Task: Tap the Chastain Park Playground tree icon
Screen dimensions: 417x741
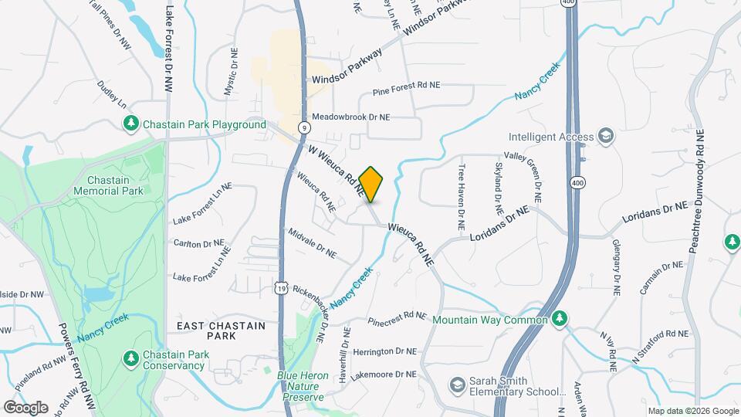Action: [x=132, y=124]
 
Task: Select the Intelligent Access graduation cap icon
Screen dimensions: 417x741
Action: [x=605, y=137]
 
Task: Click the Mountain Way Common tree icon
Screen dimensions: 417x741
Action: [x=561, y=319]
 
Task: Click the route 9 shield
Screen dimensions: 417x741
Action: [x=306, y=127]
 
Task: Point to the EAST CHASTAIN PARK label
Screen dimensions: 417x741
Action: [x=221, y=331]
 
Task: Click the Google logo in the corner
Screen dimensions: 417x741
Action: [x=25, y=407]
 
